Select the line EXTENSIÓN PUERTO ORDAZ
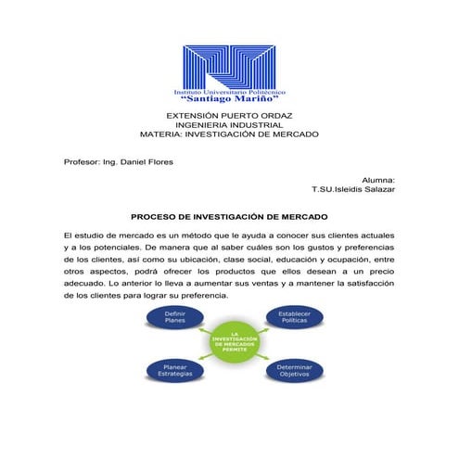[x=229, y=115]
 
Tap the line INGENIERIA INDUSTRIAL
[x=229, y=125]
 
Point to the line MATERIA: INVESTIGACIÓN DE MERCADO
[x=229, y=134]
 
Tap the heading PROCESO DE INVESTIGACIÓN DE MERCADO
[x=229, y=215]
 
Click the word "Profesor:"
[x=83, y=161]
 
